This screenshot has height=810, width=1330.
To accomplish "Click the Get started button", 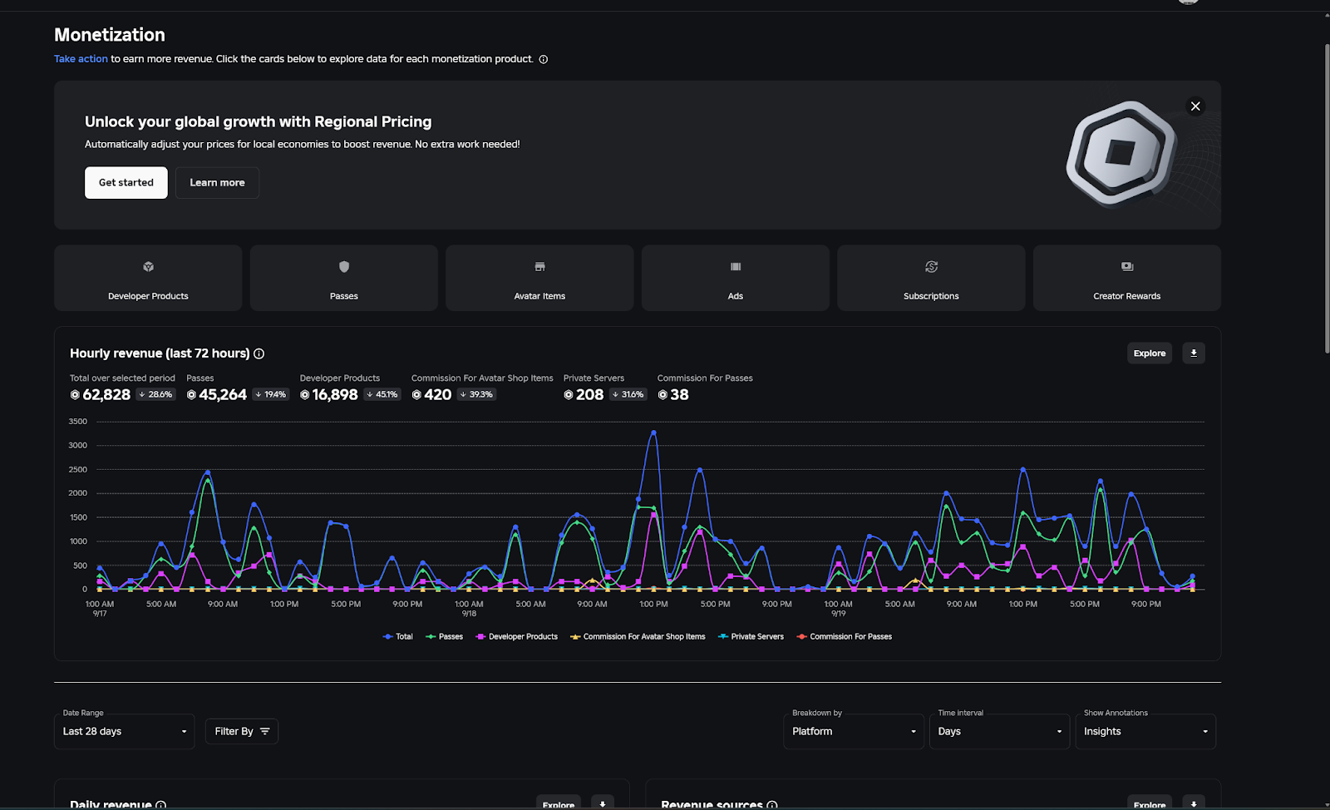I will [126, 183].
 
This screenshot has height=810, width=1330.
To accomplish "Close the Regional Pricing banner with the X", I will [1195, 106].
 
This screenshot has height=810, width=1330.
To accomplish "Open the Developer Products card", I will [148, 278].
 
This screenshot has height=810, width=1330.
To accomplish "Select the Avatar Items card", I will [539, 278].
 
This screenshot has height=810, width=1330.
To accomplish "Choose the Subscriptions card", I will [931, 278].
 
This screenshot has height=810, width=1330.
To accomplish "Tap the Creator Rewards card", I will [1126, 278].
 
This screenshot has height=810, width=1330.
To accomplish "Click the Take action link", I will [81, 59].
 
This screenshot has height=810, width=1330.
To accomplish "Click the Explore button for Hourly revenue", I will [1150, 353].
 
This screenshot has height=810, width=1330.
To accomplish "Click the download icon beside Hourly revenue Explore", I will [1194, 353].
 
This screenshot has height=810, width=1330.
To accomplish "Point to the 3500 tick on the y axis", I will [78, 422].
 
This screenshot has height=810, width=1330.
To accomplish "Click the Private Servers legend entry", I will [751, 637].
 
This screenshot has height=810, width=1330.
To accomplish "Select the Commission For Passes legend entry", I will [845, 637].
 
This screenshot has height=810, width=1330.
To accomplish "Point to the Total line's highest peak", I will [653, 432].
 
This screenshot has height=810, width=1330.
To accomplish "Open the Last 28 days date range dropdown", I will [125, 732].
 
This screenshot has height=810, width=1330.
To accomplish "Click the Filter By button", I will [242, 732].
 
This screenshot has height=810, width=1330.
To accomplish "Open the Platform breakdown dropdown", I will [854, 732].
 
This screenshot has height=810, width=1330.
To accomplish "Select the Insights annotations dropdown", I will [1145, 732].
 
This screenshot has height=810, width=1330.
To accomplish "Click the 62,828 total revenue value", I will [106, 395].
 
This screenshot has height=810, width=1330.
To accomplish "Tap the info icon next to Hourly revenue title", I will [259, 354].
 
